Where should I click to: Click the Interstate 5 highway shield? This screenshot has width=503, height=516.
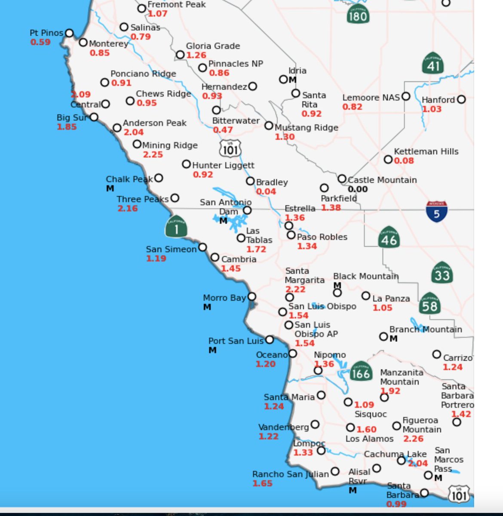coord(436,212)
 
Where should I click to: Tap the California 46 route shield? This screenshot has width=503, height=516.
coord(389,237)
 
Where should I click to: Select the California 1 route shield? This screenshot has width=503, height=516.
coord(176,227)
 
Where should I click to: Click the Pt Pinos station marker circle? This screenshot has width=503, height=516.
coord(69,33)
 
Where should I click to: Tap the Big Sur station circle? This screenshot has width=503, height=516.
coord(94,117)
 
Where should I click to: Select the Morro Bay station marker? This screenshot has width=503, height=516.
coord(252,296)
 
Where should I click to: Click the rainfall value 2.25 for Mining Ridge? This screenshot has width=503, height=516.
coord(153,154)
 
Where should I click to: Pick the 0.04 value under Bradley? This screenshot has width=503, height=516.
coord(266,191)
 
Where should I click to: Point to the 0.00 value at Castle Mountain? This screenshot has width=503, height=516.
coord(358,189)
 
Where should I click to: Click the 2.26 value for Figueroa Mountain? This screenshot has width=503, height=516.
coord(413,439)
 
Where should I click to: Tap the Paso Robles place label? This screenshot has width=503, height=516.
coord(322,237)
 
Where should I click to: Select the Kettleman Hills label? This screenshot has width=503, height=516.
coord(426,151)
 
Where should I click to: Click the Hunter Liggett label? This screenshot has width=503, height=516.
coord(223,165)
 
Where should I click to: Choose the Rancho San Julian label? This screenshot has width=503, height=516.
coord(290,474)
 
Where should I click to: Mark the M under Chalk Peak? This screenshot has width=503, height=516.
coord(110,188)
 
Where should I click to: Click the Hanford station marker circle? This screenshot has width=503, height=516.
coord(461,99)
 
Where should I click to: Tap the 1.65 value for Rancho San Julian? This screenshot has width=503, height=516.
coord(262,483)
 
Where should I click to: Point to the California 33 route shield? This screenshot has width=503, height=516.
coord(442,273)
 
